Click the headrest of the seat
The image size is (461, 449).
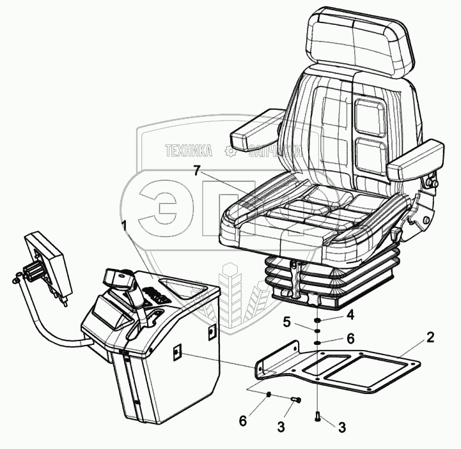tap(357, 43)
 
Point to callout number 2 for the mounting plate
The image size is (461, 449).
tap(430, 337)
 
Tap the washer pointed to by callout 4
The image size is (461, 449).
tap(317, 321)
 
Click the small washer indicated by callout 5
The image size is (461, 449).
tap(317, 331)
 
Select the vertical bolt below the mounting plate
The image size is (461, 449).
tap(318, 417)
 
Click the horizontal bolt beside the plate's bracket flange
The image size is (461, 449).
tap(295, 400)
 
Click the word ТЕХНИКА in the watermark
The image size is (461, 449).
tap(189, 151)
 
